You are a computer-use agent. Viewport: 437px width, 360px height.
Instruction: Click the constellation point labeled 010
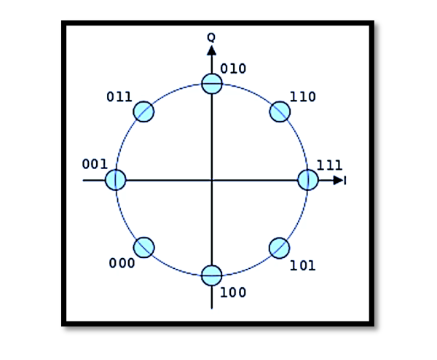pyautogui.click(x=212, y=84)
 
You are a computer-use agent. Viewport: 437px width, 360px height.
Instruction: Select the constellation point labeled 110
pyautogui.click(x=280, y=111)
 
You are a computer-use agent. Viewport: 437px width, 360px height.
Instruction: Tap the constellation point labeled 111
pyautogui.click(x=308, y=180)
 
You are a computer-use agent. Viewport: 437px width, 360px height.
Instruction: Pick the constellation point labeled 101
pyautogui.click(x=280, y=248)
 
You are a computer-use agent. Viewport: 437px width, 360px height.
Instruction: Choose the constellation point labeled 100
pyautogui.click(x=212, y=275)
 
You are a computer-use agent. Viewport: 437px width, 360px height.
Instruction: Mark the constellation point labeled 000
pyautogui.click(x=143, y=247)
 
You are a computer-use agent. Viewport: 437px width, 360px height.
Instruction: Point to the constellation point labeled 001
pyautogui.click(x=116, y=180)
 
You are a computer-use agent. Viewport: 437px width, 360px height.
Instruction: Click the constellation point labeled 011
pyautogui.click(x=143, y=111)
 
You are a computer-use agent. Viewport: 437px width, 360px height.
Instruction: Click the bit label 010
pyautogui.click(x=233, y=69)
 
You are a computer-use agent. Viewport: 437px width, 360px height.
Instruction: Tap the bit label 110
pyautogui.click(x=303, y=97)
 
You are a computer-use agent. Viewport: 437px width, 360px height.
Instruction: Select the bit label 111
pyautogui.click(x=330, y=165)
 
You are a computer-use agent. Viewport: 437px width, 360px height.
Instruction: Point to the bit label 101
pyautogui.click(x=303, y=265)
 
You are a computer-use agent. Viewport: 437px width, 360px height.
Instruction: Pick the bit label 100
pyautogui.click(x=233, y=292)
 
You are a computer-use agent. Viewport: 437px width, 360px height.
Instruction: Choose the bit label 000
pyautogui.click(x=122, y=263)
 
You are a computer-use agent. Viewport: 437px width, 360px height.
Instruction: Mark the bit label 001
pyautogui.click(x=95, y=164)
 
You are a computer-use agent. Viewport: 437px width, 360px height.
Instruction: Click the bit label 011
pyautogui.click(x=119, y=97)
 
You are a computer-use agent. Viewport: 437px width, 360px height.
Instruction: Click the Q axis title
pyautogui.click(x=211, y=37)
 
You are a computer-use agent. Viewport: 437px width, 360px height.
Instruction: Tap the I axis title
pyautogui.click(x=345, y=181)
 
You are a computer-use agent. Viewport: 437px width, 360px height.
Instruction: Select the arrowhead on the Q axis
pyautogui.click(x=211, y=50)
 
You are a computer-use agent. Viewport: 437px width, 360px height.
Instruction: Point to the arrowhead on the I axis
pyautogui.click(x=339, y=181)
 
